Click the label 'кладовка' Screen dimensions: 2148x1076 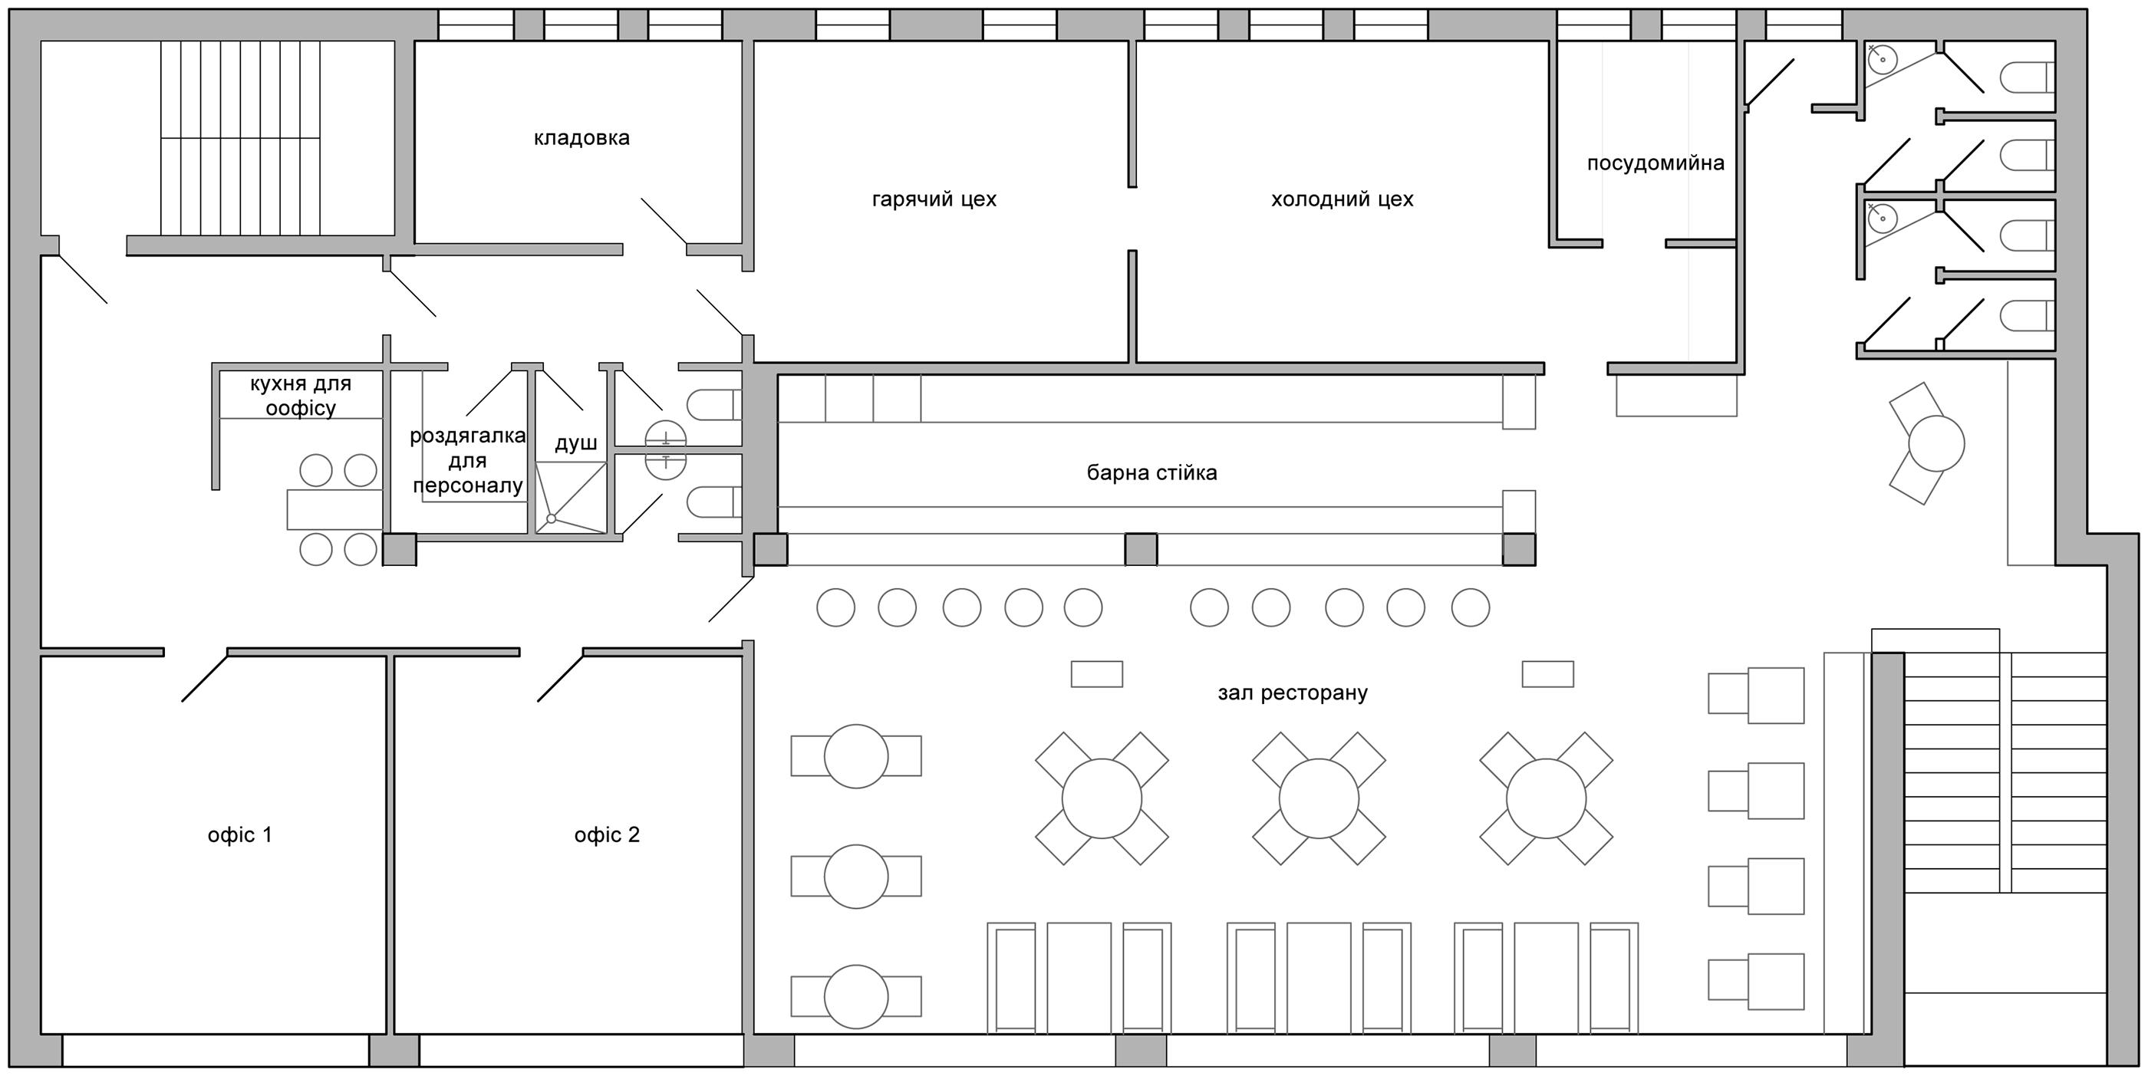(581, 137)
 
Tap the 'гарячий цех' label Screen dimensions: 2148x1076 (934, 199)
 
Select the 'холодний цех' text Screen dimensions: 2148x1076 (1342, 199)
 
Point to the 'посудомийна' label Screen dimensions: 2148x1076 (1655, 163)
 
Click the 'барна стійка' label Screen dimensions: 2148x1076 (1151, 472)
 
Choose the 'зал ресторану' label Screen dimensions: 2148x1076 (1293, 693)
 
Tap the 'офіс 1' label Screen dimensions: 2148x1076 (240, 834)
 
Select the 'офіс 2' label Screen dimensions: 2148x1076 (607, 834)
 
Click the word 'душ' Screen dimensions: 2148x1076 (576, 443)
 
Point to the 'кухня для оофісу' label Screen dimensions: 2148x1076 (301, 396)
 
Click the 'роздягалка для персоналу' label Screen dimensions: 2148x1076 (468, 460)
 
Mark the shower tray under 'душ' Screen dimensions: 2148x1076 (570, 498)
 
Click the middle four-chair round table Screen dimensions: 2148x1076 (1319, 798)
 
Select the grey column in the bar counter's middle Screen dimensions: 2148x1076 (1141, 550)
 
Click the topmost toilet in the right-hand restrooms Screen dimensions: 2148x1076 (2026, 77)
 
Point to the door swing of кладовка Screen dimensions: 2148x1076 (664, 222)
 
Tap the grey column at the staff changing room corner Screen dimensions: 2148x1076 (400, 550)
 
